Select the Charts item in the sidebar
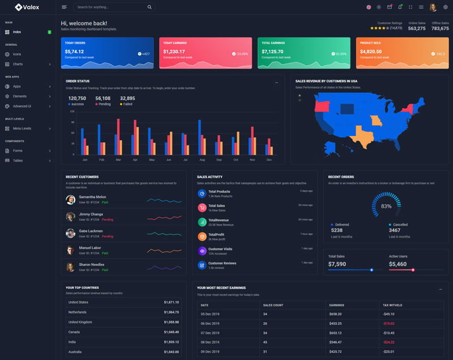(18, 64)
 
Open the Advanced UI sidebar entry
(22, 106)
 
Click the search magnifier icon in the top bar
(149, 7)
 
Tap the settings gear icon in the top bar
(446, 7)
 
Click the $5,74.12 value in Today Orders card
(74, 52)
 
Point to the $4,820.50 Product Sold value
(371, 52)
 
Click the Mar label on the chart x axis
(118, 160)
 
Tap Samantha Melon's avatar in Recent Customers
(71, 199)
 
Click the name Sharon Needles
(92, 264)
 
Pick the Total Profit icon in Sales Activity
(202, 236)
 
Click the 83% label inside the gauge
(386, 206)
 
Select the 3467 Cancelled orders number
(395, 230)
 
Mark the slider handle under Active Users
(413, 270)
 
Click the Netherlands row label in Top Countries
(78, 312)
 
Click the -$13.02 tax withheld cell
(388, 323)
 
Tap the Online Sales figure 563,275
(417, 28)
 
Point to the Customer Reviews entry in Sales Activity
(222, 263)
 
